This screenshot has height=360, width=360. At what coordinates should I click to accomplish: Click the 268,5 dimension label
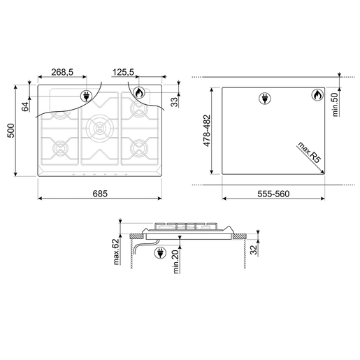pos(62,72)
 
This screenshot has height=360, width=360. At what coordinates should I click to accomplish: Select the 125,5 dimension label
pos(123,72)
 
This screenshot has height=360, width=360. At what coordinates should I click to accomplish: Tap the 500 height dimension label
pos(11,131)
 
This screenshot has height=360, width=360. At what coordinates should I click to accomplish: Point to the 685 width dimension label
pos(100,194)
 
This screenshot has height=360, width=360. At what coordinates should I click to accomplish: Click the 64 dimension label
pos(25,106)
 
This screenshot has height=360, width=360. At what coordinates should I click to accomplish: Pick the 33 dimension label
pos(174,102)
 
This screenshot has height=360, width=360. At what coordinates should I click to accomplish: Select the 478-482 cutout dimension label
pos(207,131)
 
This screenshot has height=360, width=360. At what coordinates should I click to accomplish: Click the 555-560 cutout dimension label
pos(273,194)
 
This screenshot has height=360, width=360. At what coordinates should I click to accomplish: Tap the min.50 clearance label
pos(336,104)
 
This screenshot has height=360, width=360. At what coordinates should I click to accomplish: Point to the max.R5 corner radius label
pos(309,152)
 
